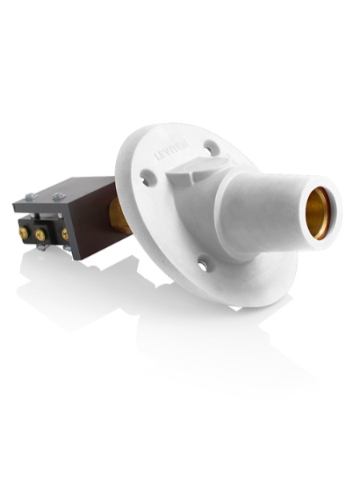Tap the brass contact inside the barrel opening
(x=322, y=212)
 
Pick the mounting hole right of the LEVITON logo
(x=210, y=146)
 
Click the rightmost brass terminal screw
(x=65, y=236)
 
